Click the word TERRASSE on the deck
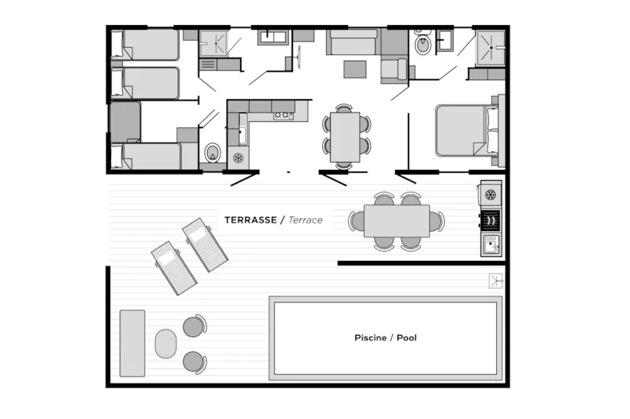(x=250, y=220)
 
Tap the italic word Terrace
(x=306, y=220)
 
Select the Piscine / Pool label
(x=385, y=338)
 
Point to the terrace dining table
(x=397, y=221)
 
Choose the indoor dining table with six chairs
(x=344, y=135)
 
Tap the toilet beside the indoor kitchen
(x=212, y=152)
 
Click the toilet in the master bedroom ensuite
(x=422, y=46)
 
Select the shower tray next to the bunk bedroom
(x=213, y=43)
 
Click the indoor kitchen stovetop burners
(x=282, y=116)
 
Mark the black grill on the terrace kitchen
(x=491, y=219)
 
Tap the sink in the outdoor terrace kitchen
(x=491, y=244)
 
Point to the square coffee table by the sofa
(x=354, y=69)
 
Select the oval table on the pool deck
(x=166, y=344)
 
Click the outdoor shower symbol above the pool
(x=495, y=280)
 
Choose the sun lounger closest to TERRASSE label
(x=206, y=244)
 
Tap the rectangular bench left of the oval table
(x=132, y=343)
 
